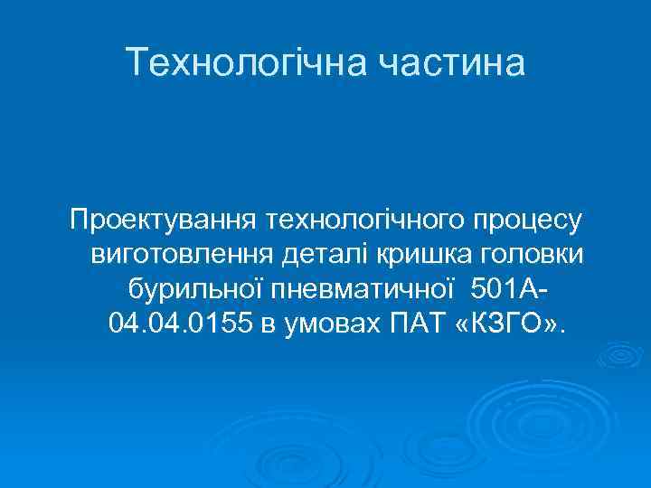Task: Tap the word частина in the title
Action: point(452,62)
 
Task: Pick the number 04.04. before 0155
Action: point(144,323)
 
